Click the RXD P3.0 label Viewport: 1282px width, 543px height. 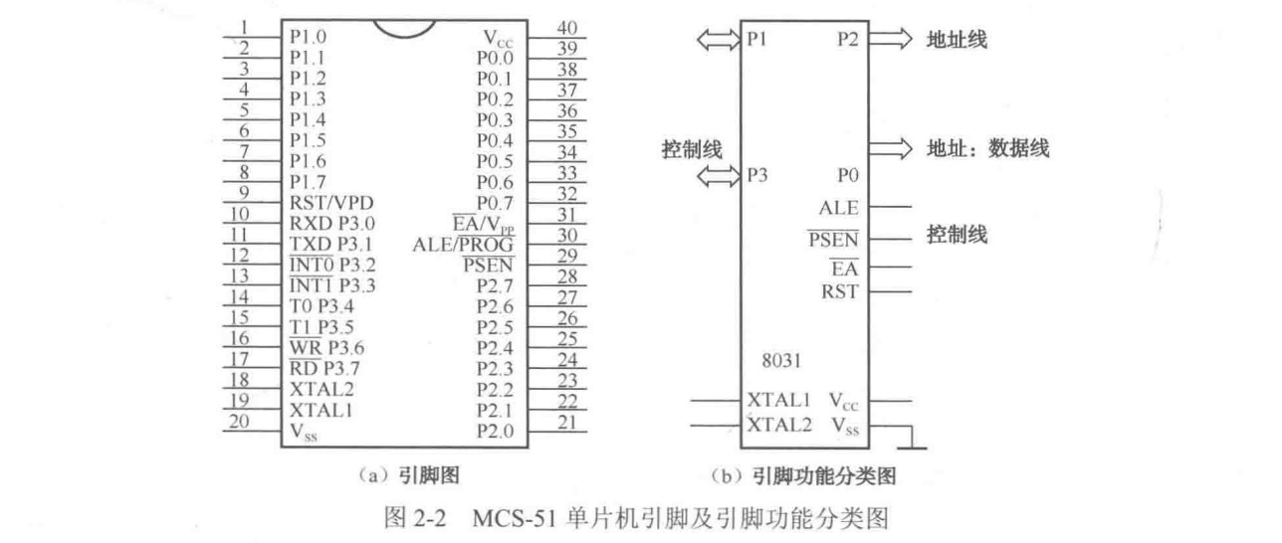coord(332,224)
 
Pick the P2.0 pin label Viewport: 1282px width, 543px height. coord(495,432)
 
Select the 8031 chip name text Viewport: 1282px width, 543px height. coord(779,359)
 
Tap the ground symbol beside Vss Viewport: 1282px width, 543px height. coord(910,439)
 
